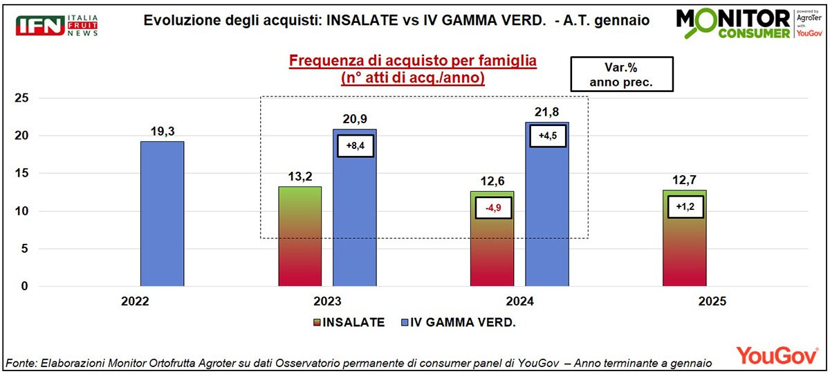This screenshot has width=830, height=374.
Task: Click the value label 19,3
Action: [162, 130]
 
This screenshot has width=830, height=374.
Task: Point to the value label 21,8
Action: [547, 112]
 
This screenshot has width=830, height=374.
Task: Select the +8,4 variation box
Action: [355, 146]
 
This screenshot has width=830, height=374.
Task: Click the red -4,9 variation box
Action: [492, 206]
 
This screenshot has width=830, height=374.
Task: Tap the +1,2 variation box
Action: [685, 207]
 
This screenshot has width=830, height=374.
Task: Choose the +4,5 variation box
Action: [547, 136]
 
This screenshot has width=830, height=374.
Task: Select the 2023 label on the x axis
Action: [327, 302]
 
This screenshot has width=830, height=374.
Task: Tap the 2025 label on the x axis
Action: [712, 302]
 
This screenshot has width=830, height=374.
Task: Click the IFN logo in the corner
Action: [58, 26]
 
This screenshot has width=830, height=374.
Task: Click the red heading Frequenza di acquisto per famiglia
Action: [413, 61]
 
